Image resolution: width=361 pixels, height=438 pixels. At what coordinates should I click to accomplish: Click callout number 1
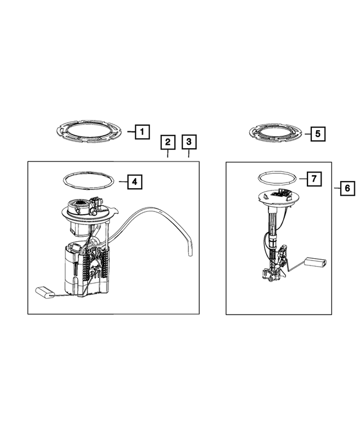coord(142,132)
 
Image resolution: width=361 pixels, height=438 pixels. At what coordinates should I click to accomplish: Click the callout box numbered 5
coord(318,134)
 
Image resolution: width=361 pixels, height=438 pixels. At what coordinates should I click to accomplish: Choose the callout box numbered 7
coord(314,179)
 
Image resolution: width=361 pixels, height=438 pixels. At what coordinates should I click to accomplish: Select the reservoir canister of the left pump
coord(85,271)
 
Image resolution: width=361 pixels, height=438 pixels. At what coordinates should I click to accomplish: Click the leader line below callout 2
coord(168,156)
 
